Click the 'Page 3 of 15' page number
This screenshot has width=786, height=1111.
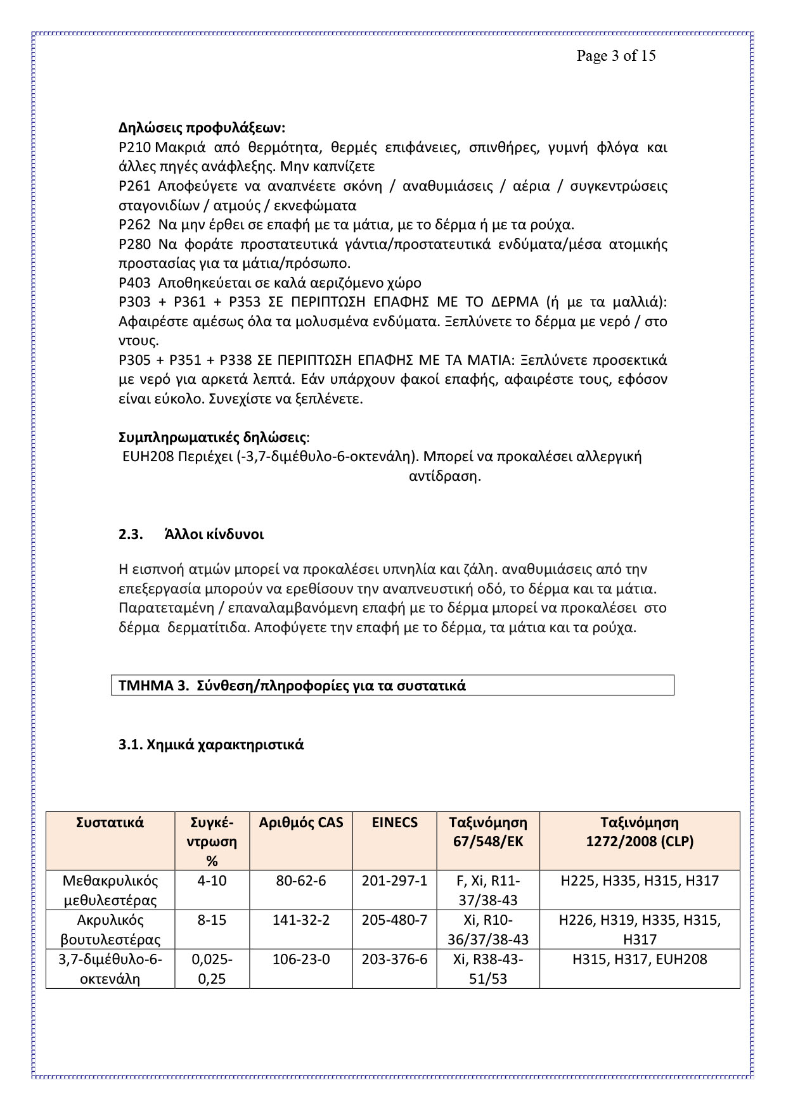point(615,56)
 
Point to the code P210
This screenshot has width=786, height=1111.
point(134,148)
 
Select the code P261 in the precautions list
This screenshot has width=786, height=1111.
point(134,186)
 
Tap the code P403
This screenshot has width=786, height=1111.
point(134,283)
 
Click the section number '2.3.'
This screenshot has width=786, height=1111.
point(129,534)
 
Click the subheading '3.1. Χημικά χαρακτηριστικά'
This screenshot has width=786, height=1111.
point(211,744)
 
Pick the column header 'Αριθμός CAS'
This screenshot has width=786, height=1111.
point(301,822)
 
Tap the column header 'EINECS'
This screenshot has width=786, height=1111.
point(395,822)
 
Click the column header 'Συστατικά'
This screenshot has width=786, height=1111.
point(110,822)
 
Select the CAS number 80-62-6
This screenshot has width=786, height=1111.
point(301,880)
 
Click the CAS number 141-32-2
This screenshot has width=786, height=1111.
point(301,920)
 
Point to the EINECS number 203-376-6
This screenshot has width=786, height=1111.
point(395,959)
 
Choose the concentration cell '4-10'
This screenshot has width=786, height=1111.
point(212,880)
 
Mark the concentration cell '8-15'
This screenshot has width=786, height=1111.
point(212,920)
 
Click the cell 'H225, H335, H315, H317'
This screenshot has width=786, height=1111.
point(640,880)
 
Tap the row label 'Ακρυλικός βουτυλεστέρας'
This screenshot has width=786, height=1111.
point(110,929)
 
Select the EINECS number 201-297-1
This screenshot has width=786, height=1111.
point(395,880)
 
